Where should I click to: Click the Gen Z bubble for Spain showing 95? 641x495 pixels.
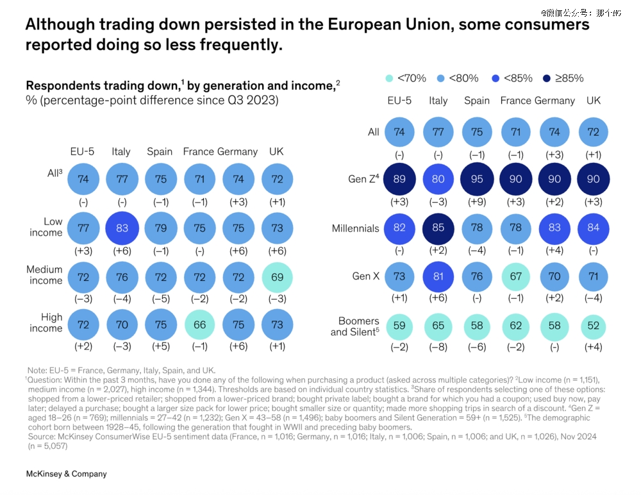pyautogui.click(x=477, y=180)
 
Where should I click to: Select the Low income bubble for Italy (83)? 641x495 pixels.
pyautogui.click(x=121, y=227)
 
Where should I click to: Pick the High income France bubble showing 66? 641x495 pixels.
pyautogui.click(x=200, y=324)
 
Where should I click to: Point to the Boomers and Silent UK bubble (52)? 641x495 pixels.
pyautogui.click(x=593, y=326)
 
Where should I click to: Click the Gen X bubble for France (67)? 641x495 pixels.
pyautogui.click(x=515, y=277)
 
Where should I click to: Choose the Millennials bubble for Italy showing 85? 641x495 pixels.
pyautogui.click(x=438, y=228)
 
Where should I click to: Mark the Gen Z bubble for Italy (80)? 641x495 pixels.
pyautogui.click(x=438, y=180)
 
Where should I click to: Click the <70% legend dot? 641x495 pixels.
pyautogui.click(x=389, y=79)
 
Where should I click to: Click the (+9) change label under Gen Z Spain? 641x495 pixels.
pyautogui.click(x=477, y=203)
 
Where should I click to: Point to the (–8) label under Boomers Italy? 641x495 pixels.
pyautogui.click(x=438, y=348)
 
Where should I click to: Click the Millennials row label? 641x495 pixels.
pyautogui.click(x=356, y=228)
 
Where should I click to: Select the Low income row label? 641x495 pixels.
pyautogui.click(x=46, y=227)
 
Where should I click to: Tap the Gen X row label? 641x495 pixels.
pyautogui.click(x=366, y=276)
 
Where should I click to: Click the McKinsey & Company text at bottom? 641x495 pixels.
pyautogui.click(x=66, y=474)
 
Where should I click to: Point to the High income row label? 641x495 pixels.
pyautogui.click(x=46, y=323)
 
